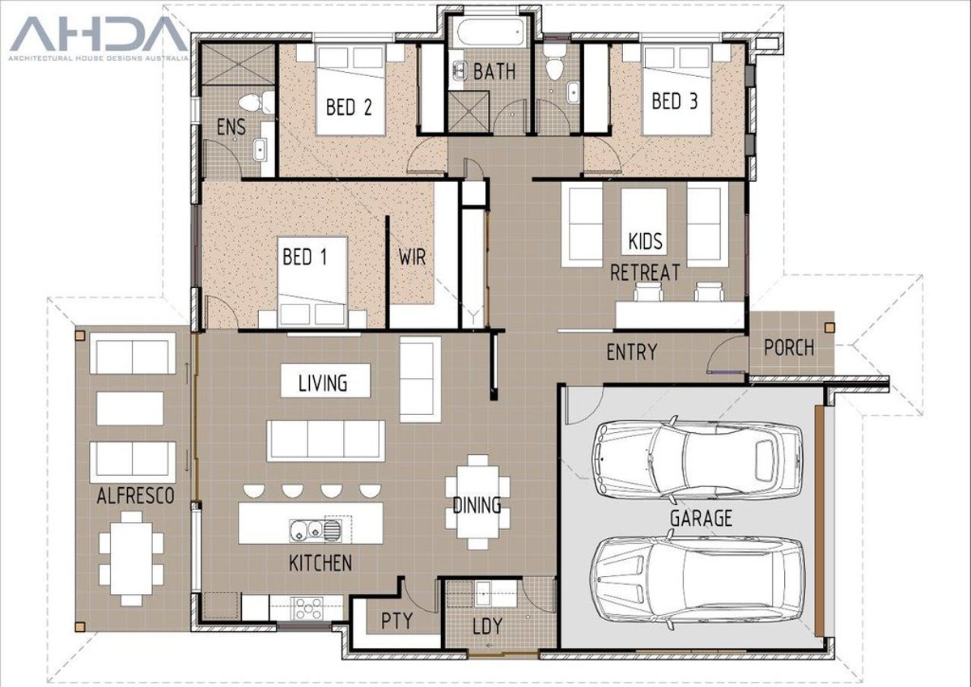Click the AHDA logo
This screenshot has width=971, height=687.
tap(99, 38)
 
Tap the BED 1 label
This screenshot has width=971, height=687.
tap(305, 257)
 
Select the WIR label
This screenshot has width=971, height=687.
tap(412, 257)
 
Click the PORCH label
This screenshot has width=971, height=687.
tap(789, 348)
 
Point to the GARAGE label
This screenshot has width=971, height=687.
tap(701, 518)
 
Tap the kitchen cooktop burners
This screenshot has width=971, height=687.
tap(307, 609)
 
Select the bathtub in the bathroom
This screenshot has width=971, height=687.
tap(490, 31)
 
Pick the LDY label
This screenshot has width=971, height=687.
tap(487, 626)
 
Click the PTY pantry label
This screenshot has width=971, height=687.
tap(396, 621)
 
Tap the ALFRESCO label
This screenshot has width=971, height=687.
tap(135, 496)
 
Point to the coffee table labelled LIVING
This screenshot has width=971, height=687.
tap(325, 380)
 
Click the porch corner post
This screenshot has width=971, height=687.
tap(829, 327)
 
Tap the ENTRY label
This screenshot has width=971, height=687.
tap(632, 352)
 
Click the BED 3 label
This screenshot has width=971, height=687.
tap(675, 101)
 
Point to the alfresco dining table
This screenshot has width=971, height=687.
tap(131, 558)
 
